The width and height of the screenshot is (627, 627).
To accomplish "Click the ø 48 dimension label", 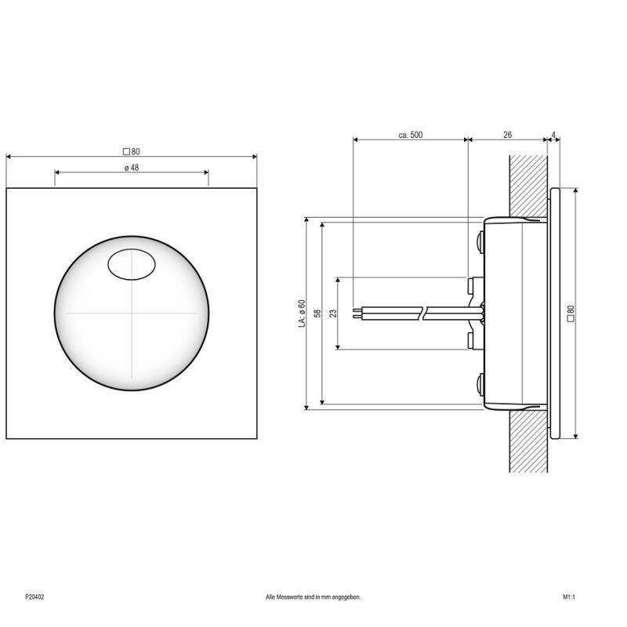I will pyautogui.click(x=131, y=168).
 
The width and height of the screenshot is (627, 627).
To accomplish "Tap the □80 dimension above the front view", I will pyautogui.click(x=131, y=151).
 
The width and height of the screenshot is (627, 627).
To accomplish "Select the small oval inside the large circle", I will pyautogui.click(x=132, y=264).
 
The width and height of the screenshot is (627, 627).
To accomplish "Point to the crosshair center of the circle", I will pyautogui.click(x=132, y=312).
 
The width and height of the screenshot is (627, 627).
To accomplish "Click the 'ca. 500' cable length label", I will pyautogui.click(x=410, y=136).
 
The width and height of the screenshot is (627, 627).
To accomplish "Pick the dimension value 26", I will pyautogui.click(x=507, y=136).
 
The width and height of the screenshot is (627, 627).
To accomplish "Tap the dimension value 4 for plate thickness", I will pyautogui.click(x=555, y=136).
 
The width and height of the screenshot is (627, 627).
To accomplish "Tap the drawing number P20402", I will pyautogui.click(x=34, y=597).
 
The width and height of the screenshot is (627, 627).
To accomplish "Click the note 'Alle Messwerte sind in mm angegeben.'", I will pyautogui.click(x=313, y=597).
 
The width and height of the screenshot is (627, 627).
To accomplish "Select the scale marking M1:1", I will pyautogui.click(x=569, y=597).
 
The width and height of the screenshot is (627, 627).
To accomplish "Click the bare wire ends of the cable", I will pyautogui.click(x=358, y=313).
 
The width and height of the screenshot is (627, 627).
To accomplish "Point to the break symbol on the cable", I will pyautogui.click(x=424, y=313).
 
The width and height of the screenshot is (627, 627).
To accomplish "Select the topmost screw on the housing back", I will pyautogui.click(x=479, y=239).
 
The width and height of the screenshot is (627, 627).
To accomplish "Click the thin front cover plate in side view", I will pyautogui.click(x=554, y=313).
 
